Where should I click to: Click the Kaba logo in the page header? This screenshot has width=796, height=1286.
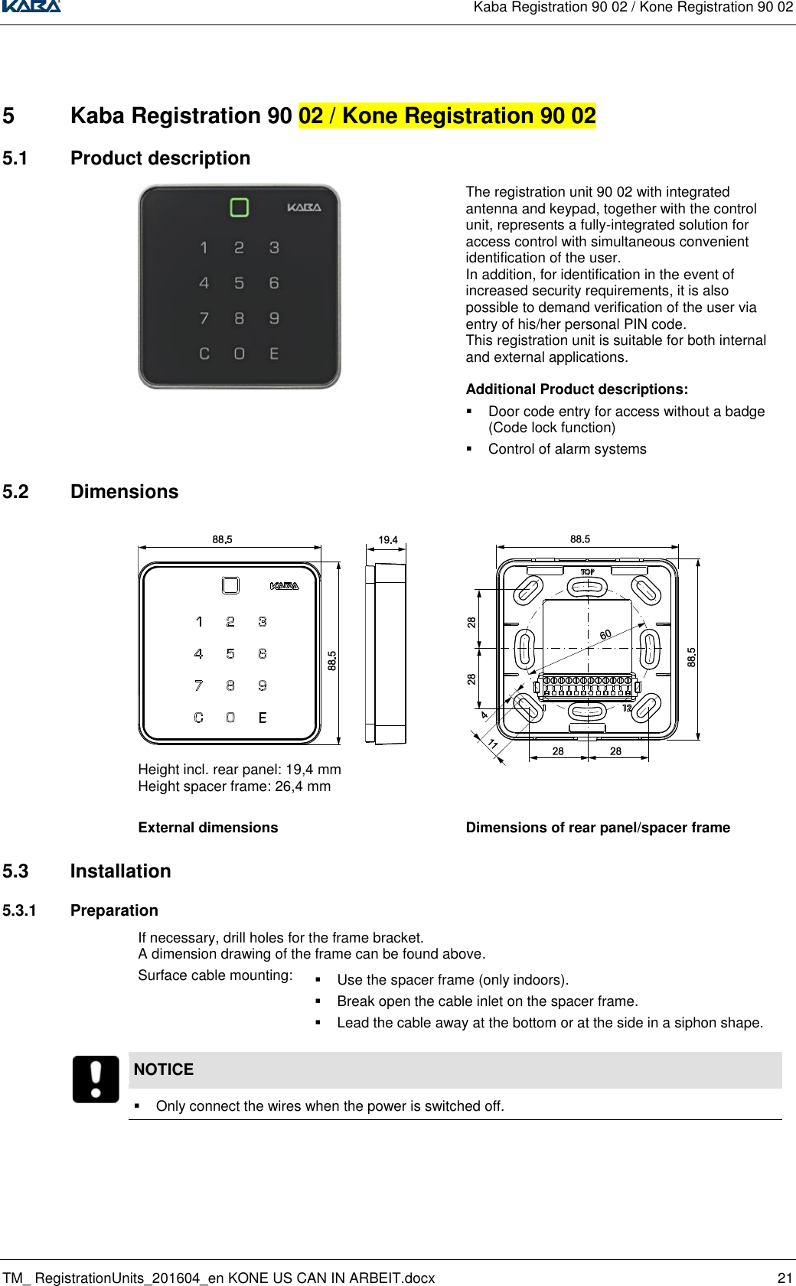(x=31, y=6)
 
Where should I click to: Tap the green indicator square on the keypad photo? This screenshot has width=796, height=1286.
(x=240, y=207)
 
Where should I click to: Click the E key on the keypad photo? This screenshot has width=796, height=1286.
(x=274, y=353)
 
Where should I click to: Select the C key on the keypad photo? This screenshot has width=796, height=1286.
(x=204, y=353)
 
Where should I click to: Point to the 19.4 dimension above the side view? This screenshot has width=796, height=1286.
(x=388, y=540)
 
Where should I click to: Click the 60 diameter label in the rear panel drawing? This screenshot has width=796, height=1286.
(x=605, y=635)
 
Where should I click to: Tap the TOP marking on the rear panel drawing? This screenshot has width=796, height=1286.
(x=587, y=572)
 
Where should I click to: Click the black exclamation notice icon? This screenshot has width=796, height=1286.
(x=96, y=1079)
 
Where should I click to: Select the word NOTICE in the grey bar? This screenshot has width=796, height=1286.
(x=164, y=1069)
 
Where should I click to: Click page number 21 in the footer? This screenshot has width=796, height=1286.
(x=785, y=1278)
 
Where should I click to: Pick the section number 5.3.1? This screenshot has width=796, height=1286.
(x=19, y=910)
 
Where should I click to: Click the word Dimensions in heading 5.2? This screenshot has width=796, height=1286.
(x=124, y=492)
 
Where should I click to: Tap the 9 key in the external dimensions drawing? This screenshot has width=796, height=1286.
(x=263, y=685)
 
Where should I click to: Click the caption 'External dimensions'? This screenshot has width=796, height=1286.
(x=208, y=828)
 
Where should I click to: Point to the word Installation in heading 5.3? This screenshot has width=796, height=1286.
(x=120, y=871)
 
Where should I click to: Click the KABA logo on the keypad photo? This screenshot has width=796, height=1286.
(x=304, y=207)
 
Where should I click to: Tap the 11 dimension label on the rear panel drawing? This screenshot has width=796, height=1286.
(x=493, y=744)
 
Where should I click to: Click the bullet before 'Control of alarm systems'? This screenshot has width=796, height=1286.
(x=470, y=449)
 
